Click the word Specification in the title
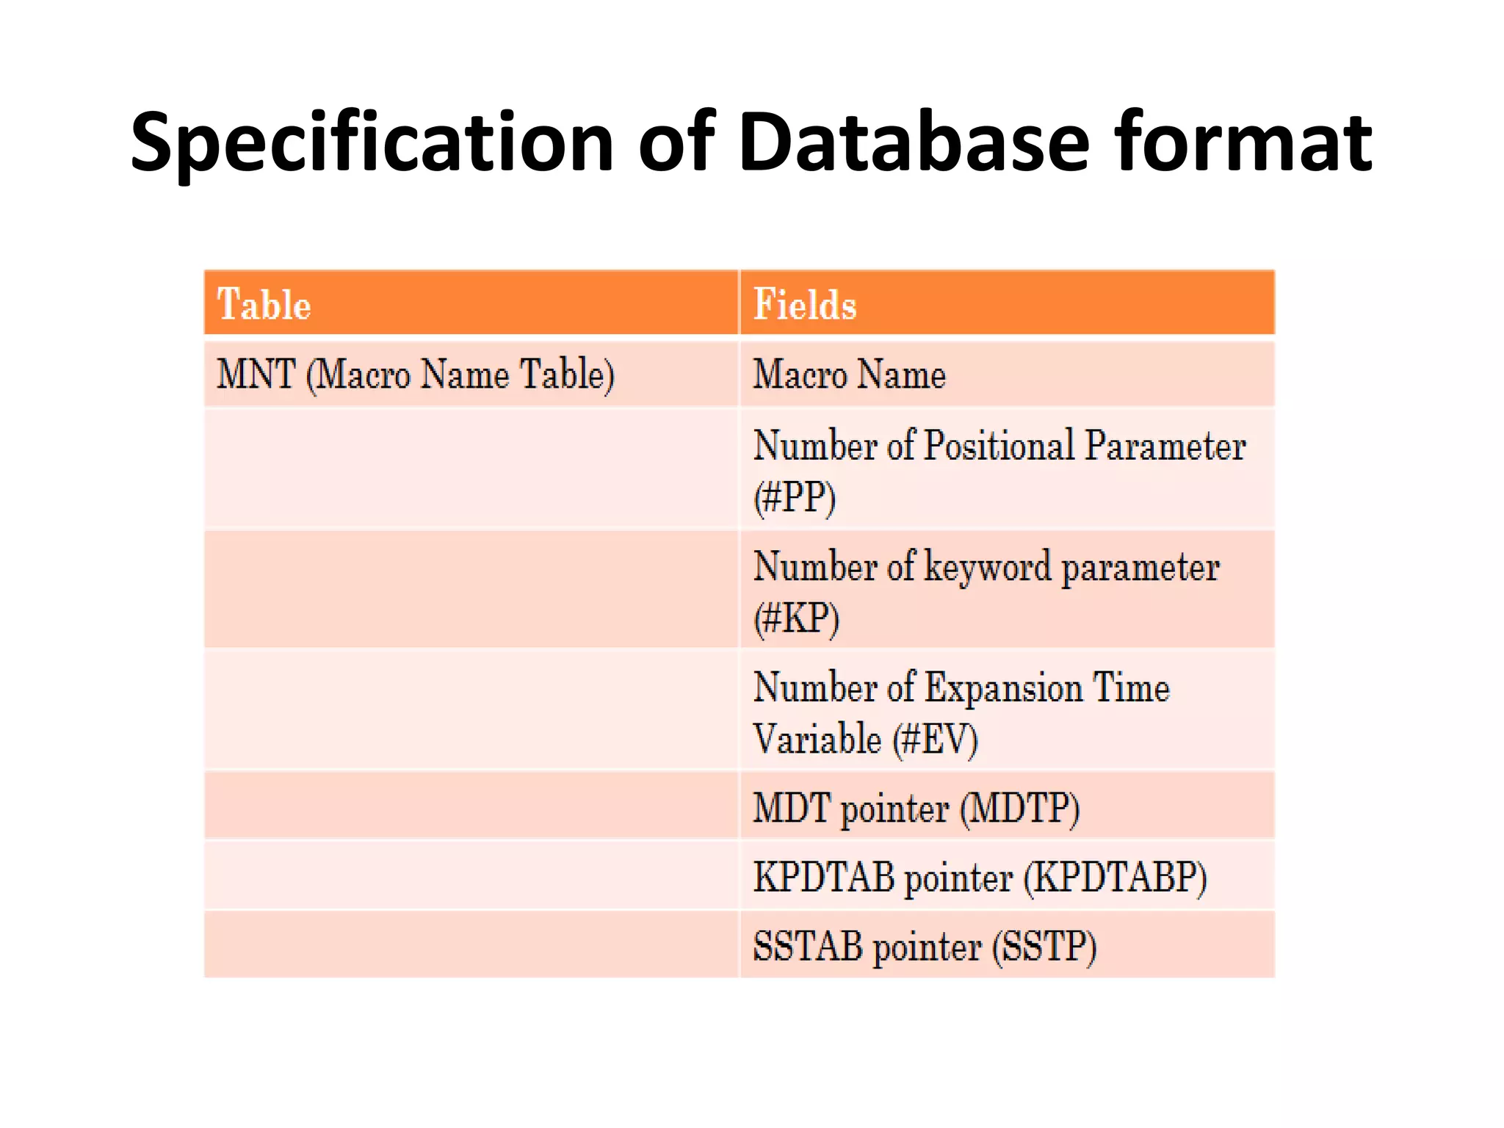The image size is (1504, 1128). click(372, 143)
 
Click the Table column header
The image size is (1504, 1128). click(264, 304)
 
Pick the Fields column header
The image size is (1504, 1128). click(805, 304)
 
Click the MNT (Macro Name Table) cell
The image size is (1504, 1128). click(416, 374)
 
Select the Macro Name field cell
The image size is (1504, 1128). click(850, 374)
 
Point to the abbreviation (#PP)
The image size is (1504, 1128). click(795, 497)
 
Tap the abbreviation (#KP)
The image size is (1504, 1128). click(796, 618)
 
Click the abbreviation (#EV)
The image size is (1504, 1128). click(935, 739)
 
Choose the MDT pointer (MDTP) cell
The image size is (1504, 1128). click(916, 808)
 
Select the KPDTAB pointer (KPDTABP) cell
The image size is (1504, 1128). click(980, 877)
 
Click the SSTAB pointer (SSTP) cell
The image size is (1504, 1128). click(925, 946)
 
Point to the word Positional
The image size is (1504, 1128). click(999, 446)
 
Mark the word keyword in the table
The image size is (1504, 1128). click(988, 568)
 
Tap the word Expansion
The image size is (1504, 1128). click(1003, 688)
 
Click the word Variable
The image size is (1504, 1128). click(817, 739)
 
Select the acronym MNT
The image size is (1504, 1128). click(256, 374)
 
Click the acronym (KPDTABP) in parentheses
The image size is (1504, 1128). click(1115, 877)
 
